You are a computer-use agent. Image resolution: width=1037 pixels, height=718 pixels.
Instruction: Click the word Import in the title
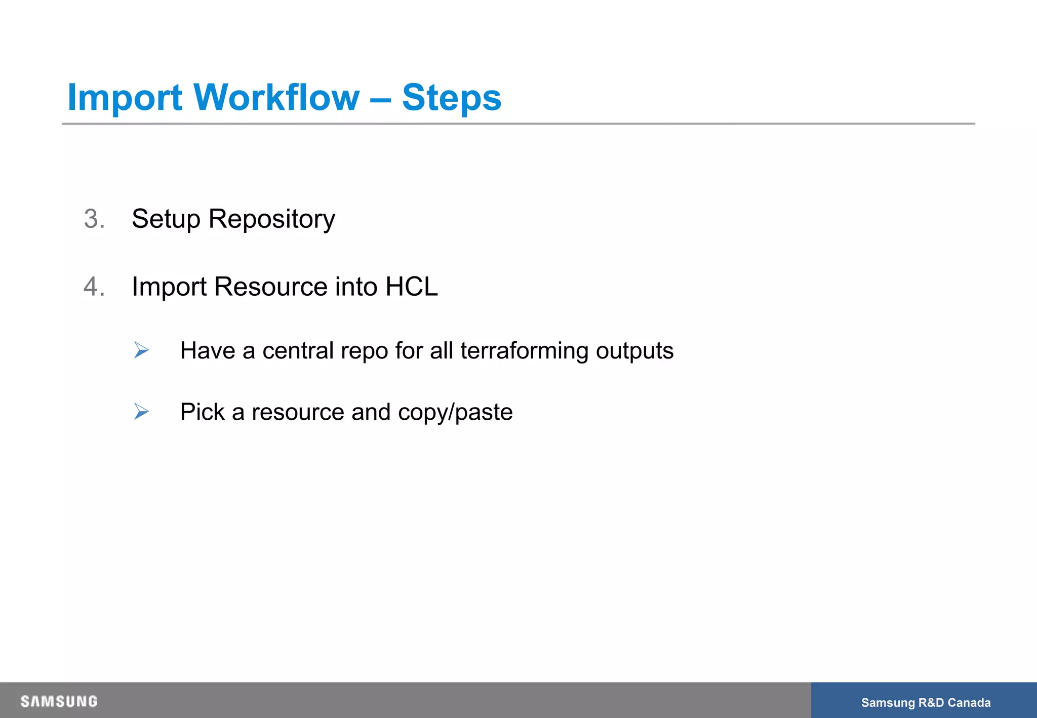[125, 98]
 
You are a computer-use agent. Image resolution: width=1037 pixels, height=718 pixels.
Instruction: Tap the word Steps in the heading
[451, 98]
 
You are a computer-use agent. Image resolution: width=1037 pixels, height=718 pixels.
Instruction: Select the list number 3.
[94, 219]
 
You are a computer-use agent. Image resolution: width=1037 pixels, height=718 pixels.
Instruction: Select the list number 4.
[94, 287]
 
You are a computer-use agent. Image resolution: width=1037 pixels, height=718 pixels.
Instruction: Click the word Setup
[166, 219]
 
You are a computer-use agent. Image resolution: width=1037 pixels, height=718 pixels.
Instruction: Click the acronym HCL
[411, 287]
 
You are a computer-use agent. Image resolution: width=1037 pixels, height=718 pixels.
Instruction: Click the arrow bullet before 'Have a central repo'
[141, 350]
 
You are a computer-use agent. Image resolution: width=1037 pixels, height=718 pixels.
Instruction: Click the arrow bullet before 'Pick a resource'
[141, 411]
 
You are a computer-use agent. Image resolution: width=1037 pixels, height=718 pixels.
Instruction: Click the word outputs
[634, 351]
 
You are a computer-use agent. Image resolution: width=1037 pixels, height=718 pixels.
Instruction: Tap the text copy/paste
[455, 412]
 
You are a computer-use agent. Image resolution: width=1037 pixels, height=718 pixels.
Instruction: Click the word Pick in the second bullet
[202, 412]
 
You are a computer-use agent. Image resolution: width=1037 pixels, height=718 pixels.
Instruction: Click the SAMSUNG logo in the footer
[59, 701]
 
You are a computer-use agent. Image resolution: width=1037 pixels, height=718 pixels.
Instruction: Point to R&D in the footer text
[931, 703]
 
